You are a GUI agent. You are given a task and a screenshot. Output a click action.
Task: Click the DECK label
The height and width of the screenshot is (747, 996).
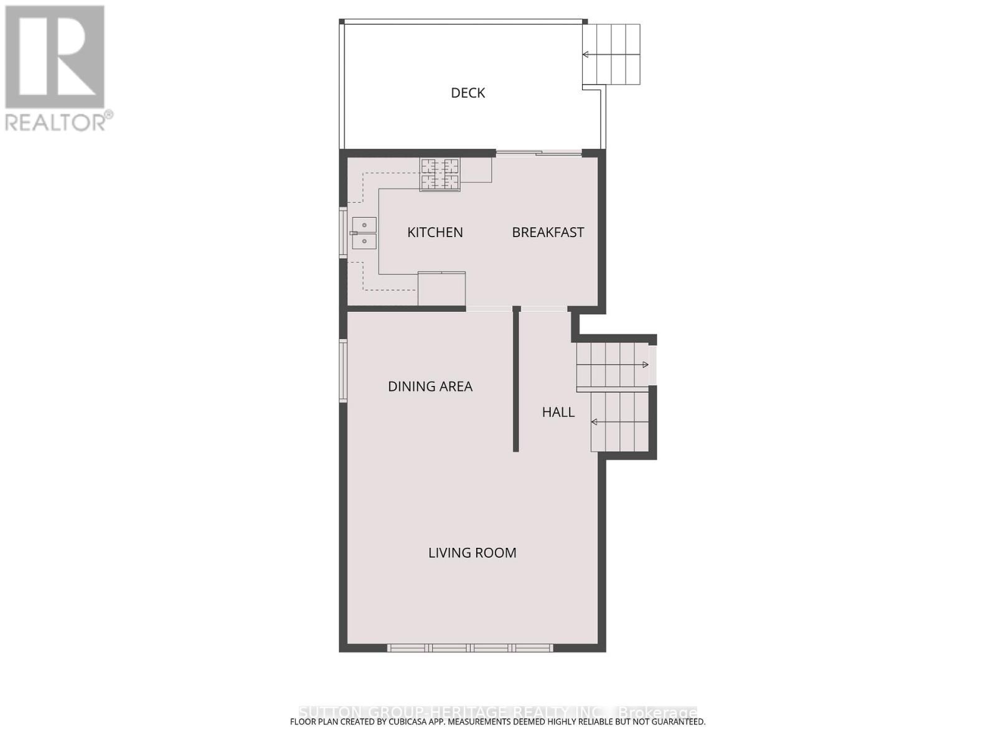tap(467, 93)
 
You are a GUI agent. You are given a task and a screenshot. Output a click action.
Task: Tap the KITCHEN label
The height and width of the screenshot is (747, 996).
tap(435, 232)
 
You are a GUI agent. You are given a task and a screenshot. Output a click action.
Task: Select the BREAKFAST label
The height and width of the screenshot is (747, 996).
tap(548, 232)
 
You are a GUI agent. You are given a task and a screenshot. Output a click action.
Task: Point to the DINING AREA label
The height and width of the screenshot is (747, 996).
tap(430, 387)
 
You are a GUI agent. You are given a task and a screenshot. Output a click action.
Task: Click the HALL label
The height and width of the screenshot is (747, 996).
tap(558, 412)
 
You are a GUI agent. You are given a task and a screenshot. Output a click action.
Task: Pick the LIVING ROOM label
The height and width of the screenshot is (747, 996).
tap(472, 553)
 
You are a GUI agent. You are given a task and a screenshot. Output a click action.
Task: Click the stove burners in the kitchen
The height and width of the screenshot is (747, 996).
tap(440, 174)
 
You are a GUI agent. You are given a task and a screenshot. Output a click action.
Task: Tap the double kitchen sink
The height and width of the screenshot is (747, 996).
tap(364, 233)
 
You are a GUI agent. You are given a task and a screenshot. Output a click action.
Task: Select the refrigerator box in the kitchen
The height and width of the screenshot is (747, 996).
tap(441, 289)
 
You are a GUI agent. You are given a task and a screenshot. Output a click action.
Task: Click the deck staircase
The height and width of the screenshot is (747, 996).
tap(611, 55)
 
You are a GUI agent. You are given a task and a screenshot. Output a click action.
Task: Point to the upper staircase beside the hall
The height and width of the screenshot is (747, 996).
tap(613, 365)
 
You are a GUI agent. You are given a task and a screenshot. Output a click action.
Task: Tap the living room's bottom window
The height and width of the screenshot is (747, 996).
tap(470, 648)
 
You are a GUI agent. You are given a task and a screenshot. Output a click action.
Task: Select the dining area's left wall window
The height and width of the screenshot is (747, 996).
tap(343, 370)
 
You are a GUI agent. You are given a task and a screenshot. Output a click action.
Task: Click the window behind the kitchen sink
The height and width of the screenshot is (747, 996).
tap(343, 232)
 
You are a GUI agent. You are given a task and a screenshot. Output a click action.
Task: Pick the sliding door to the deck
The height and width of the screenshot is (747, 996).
tap(538, 153)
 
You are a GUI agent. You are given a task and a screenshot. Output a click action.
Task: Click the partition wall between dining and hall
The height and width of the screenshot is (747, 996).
tap(516, 380)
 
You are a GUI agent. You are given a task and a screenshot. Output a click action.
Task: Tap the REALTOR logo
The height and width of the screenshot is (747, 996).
tap(56, 68)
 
